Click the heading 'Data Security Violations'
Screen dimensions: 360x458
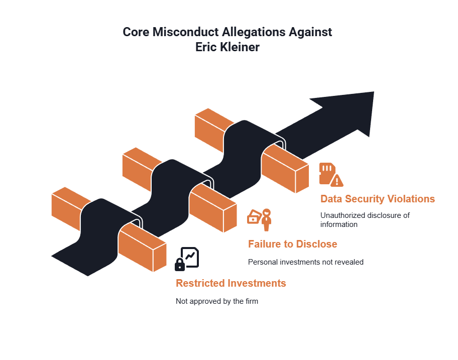[378, 199]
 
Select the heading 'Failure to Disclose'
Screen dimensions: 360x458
[292, 244]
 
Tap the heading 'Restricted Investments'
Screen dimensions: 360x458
[231, 283]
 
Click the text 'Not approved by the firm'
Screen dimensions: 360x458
[216, 301]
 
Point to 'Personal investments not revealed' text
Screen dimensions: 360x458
[305, 262]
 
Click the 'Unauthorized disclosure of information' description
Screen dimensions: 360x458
[365, 219]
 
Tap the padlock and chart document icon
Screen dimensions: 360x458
[187, 259]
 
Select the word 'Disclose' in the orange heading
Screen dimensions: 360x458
[316, 244]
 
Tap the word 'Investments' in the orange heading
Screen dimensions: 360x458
[257, 283]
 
